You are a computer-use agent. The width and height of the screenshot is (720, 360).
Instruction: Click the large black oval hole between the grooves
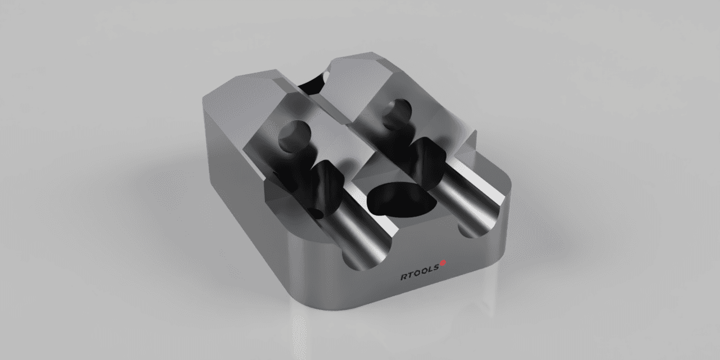tap(399, 200)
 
